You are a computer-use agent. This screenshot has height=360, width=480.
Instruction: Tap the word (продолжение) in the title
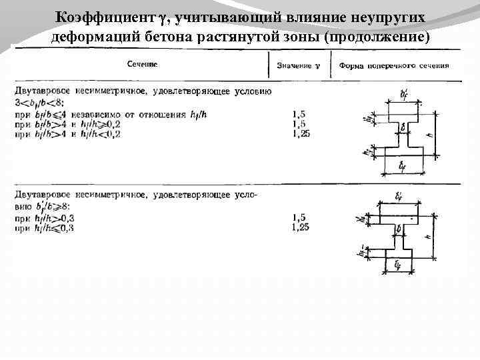375,35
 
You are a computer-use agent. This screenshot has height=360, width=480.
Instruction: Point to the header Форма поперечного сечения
393,66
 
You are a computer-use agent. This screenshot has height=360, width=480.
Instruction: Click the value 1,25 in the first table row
301,134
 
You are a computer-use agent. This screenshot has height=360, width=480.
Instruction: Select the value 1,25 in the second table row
301,227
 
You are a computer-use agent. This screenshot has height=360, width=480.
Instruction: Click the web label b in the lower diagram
399,229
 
